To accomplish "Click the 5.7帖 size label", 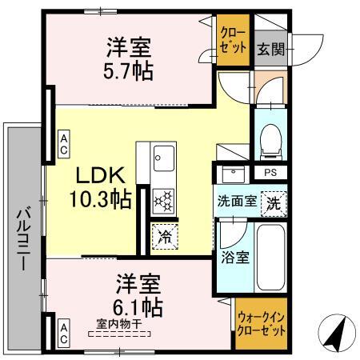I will click(x=129, y=70).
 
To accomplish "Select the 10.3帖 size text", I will click(x=99, y=199).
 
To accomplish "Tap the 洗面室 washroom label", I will click(x=237, y=202).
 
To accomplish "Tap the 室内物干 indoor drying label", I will click(x=119, y=324).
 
